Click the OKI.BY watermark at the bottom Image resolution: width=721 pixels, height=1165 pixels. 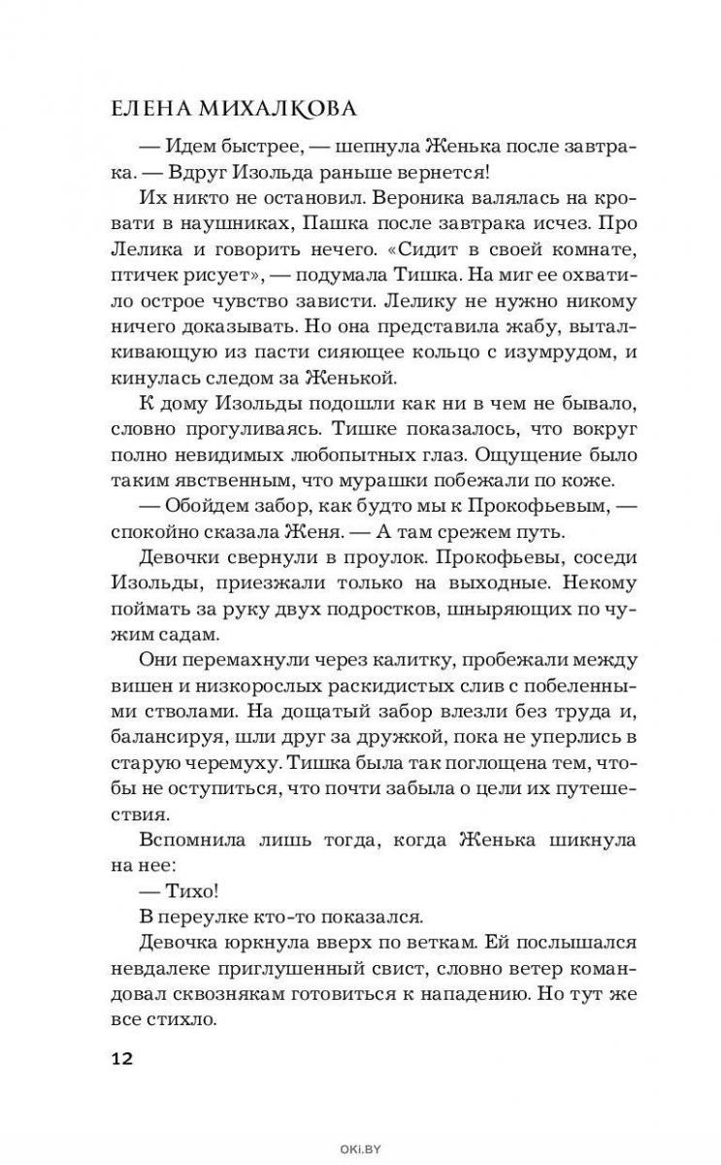pos(360,1148)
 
